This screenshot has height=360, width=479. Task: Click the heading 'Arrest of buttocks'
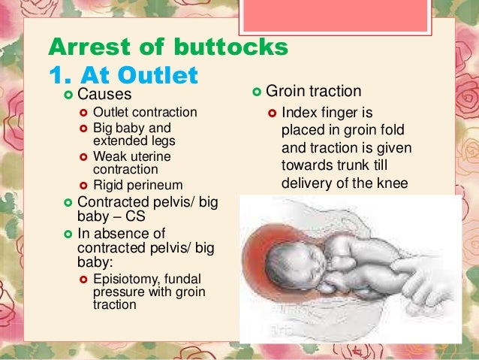tap(167, 47)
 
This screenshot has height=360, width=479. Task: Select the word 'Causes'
tap(104, 95)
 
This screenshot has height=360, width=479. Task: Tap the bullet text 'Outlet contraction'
tap(145, 113)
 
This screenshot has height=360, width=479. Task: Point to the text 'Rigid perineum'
tap(137, 185)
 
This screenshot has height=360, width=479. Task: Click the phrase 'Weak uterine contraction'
tap(131, 163)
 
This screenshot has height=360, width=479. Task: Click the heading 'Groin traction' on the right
tap(315, 92)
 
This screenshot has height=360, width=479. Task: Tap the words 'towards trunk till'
tap(335, 165)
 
